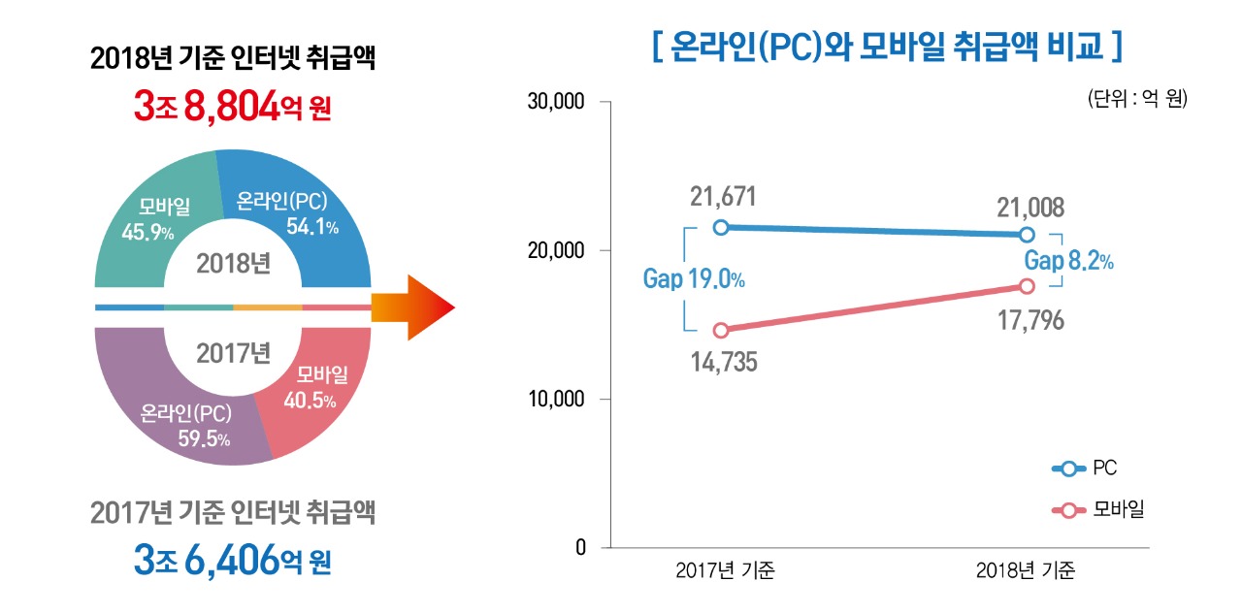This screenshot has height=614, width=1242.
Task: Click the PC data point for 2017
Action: (721, 227)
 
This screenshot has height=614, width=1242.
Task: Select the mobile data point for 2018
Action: (1027, 286)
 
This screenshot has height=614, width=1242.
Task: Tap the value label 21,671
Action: (723, 197)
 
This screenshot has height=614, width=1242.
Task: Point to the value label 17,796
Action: (1031, 320)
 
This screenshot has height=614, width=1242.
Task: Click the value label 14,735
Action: (724, 363)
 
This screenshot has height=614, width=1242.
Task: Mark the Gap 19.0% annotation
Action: (694, 279)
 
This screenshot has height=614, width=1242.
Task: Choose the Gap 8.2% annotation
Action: (1069, 261)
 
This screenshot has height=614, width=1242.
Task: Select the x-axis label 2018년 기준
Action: (1026, 571)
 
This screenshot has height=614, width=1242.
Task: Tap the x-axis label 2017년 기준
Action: (725, 571)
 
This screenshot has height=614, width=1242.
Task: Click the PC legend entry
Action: (1085, 469)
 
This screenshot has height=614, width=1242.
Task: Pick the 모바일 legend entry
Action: (1098, 509)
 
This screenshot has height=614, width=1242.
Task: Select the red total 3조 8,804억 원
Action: (233, 106)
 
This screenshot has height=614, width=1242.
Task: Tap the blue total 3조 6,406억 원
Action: (233, 560)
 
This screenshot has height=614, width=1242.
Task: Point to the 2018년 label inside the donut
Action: (233, 263)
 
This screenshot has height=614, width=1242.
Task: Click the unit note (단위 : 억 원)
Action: (1138, 99)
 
